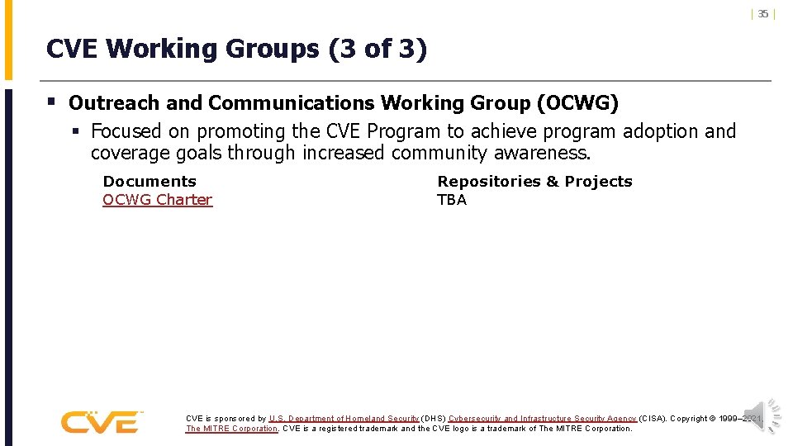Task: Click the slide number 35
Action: click(763, 13)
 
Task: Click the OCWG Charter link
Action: click(157, 200)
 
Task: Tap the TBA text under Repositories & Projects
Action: click(452, 200)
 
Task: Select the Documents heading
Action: click(150, 182)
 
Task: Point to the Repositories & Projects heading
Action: click(534, 182)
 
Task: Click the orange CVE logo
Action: click(101, 422)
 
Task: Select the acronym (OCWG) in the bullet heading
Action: click(577, 103)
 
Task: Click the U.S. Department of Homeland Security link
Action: click(344, 419)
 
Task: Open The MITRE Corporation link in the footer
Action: click(231, 429)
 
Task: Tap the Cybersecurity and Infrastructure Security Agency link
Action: click(542, 419)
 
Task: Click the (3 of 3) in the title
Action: click(378, 50)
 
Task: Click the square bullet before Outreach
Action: click(51, 102)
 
